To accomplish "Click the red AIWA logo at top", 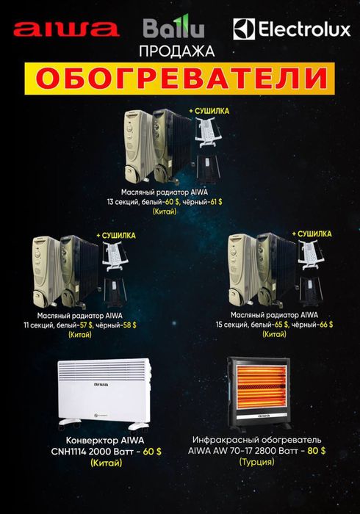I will coord(66,29).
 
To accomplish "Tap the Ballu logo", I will coord(174,29).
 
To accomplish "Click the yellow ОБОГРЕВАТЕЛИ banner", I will coord(179,77).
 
